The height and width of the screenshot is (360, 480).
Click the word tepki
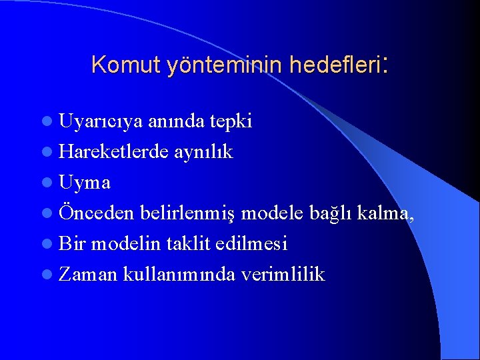tap(230, 122)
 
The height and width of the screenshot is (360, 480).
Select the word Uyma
tap(85, 183)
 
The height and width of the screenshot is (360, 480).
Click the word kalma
tap(383, 213)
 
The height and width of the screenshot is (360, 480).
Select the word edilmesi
tap(251, 243)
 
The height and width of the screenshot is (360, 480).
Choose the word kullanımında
tap(179, 274)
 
